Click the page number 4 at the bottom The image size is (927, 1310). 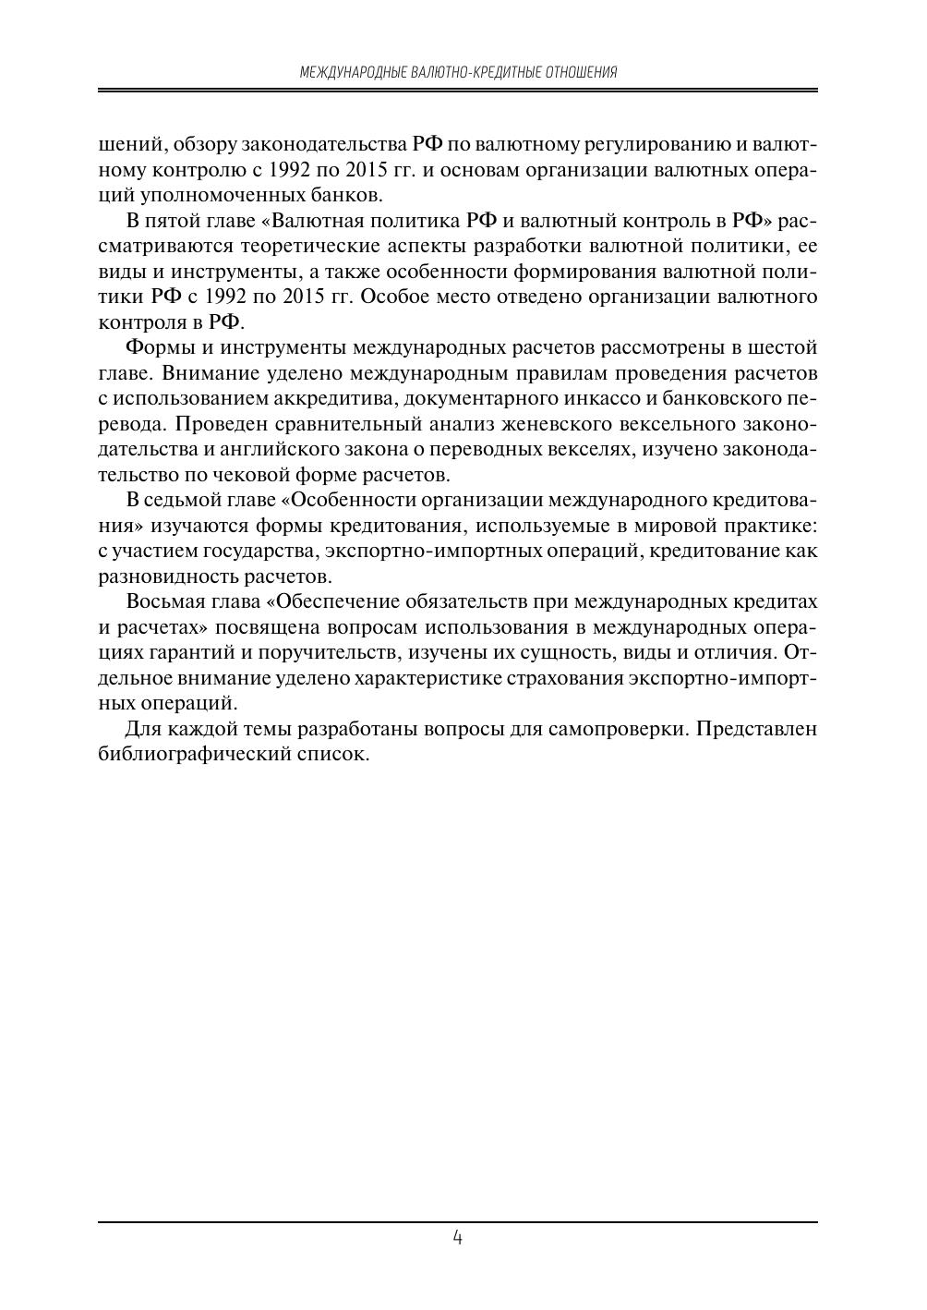point(458,1237)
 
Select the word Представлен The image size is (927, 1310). point(757,728)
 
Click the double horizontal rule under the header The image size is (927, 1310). point(458,91)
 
